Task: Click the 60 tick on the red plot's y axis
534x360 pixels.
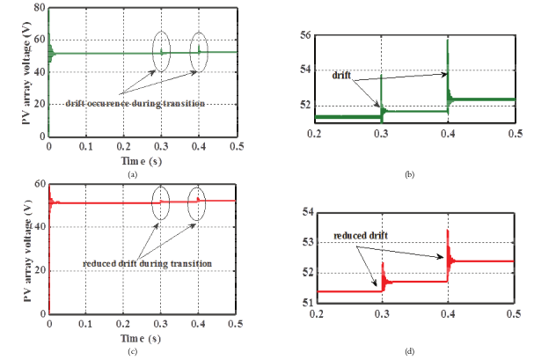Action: point(39,184)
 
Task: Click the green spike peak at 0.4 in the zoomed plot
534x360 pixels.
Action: point(448,40)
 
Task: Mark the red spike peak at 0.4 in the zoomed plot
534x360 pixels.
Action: point(448,231)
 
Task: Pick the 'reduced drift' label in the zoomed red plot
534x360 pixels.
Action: point(362,237)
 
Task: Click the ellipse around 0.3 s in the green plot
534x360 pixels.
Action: point(161,50)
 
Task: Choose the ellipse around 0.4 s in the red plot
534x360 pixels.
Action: point(197,202)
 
